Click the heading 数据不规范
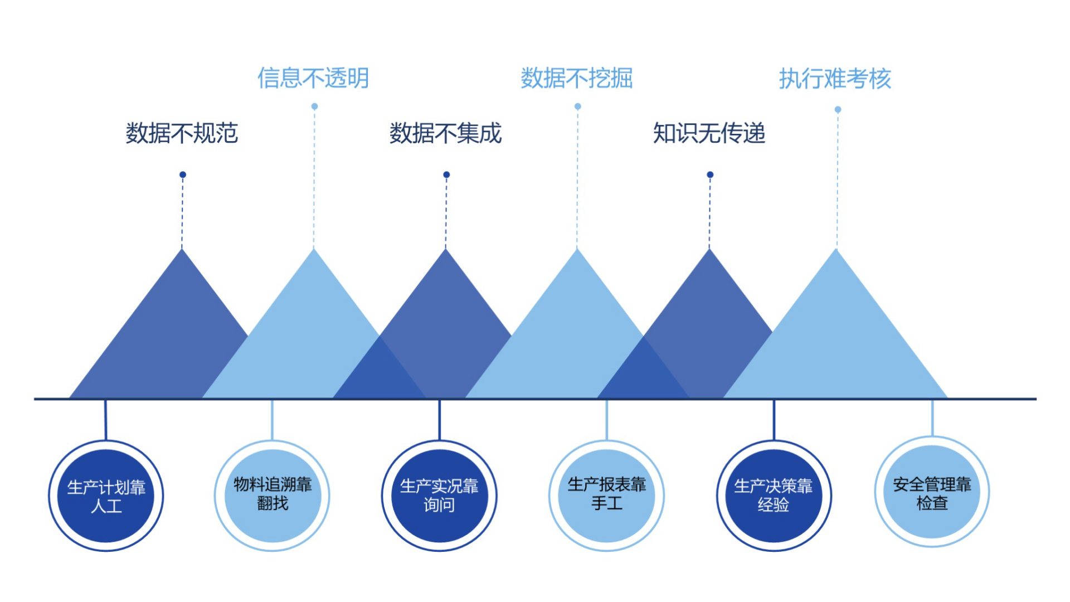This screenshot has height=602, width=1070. (182, 133)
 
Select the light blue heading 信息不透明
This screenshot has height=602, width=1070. (313, 78)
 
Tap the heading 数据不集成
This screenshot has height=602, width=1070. (445, 133)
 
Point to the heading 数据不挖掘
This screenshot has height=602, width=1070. (576, 78)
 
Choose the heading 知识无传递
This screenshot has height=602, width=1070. (709, 133)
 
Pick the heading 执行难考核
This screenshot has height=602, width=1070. (835, 79)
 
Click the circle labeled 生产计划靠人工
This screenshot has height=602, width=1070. (106, 496)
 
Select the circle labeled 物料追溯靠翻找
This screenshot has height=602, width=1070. (272, 496)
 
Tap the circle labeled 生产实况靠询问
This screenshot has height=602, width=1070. (439, 496)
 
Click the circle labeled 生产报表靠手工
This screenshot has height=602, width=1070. (606, 496)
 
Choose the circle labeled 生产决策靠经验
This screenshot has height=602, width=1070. (774, 496)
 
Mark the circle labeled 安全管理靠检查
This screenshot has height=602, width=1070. (932, 492)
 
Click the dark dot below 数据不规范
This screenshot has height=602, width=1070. (182, 174)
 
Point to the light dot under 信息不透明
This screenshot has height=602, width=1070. (314, 106)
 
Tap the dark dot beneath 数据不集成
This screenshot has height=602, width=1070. (446, 174)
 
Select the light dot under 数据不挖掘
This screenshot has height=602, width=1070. (578, 106)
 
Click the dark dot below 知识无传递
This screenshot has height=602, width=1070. (710, 174)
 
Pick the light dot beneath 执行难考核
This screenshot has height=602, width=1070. (838, 109)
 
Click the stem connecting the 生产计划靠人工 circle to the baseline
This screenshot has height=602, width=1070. (106, 420)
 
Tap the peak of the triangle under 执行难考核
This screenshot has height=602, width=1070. (836, 252)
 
